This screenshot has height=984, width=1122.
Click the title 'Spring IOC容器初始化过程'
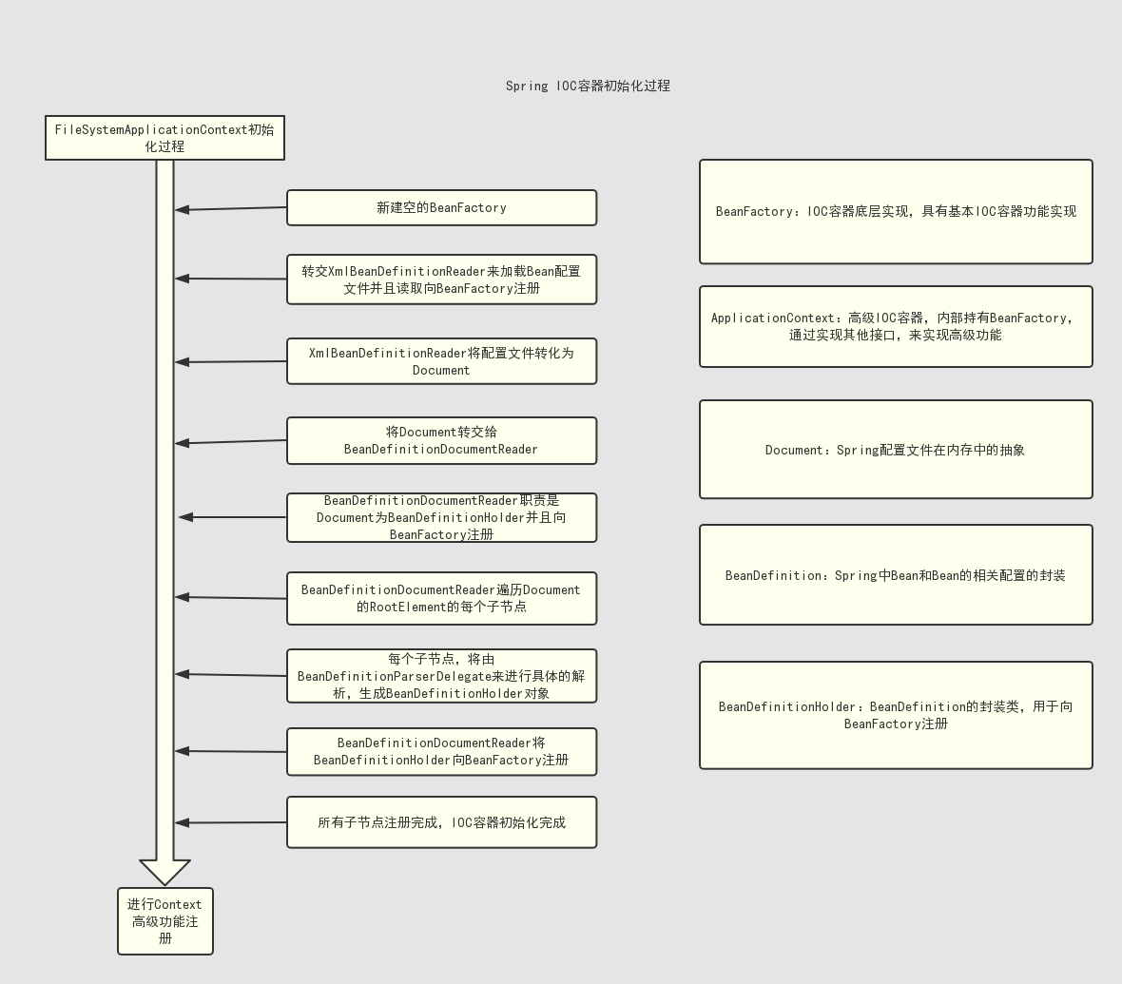point(588,86)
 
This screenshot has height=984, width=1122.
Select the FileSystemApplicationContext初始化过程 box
point(164,138)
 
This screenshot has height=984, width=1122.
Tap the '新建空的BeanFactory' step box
point(441,207)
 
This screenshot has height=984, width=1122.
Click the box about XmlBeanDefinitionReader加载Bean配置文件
point(441,280)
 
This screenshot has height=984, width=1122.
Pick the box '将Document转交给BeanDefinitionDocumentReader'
point(441,440)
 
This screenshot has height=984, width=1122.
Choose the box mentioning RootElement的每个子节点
point(441,598)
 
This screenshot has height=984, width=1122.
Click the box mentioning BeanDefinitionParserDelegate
point(441,676)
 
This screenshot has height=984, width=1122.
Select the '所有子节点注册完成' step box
point(441,822)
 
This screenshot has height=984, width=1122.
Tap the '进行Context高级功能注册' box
point(165,921)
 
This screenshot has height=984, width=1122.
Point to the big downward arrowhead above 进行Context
point(165,871)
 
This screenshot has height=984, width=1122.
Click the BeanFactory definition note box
point(896,212)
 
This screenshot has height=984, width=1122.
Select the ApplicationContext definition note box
point(896,326)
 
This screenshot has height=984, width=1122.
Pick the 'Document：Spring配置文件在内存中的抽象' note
point(896,450)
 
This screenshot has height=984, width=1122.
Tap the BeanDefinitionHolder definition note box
point(896,715)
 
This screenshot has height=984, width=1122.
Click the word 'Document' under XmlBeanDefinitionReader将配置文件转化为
point(441,371)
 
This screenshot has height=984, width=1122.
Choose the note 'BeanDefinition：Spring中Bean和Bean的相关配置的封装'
point(896,575)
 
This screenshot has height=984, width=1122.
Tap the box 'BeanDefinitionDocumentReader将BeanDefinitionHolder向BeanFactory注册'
point(441,752)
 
